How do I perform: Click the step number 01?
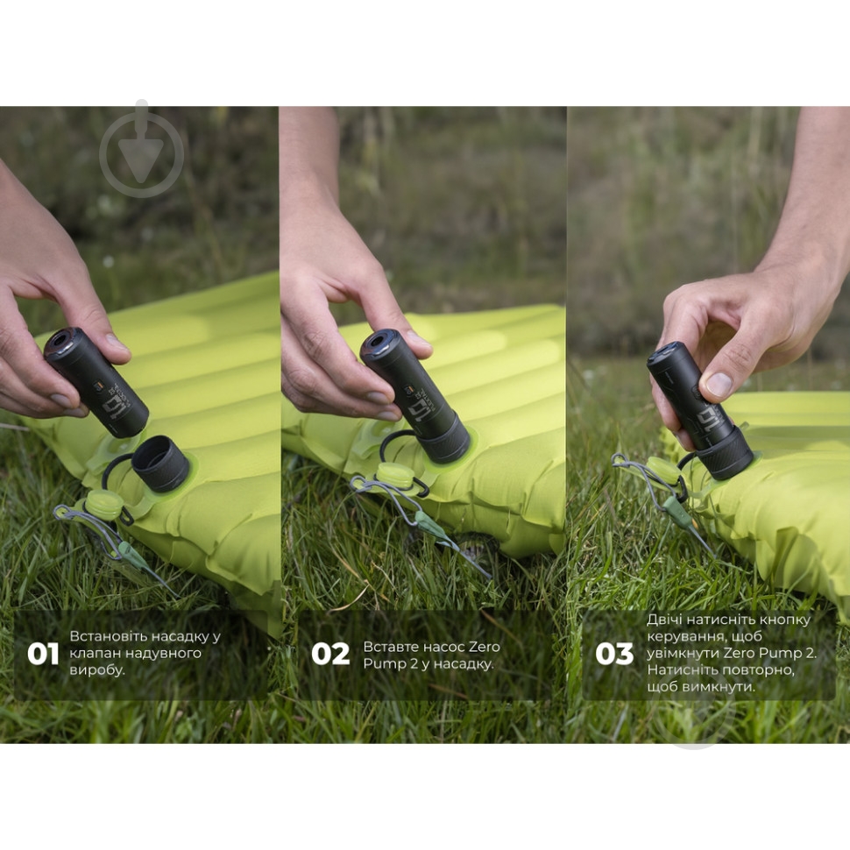(x=43, y=654)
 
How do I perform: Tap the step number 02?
(x=330, y=654)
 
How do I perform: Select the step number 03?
(x=614, y=654)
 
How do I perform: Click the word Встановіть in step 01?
(x=108, y=636)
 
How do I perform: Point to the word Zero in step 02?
(x=484, y=647)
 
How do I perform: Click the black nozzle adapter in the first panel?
(x=161, y=462)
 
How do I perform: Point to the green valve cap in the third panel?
(x=663, y=470)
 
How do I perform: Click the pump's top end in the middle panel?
(x=380, y=345)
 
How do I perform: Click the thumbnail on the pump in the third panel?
(x=719, y=385)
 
